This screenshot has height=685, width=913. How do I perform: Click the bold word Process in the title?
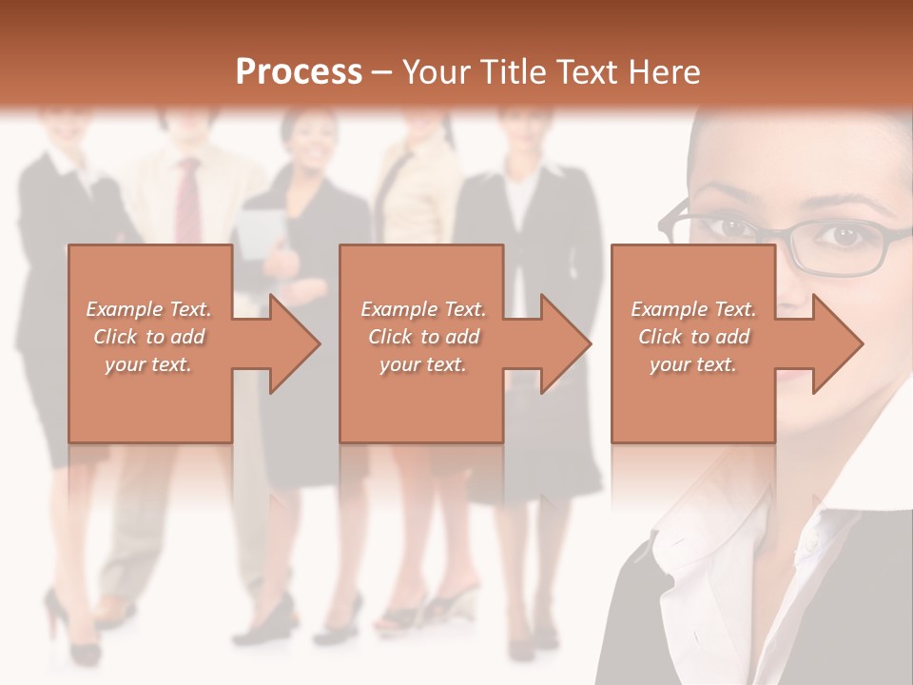[x=299, y=72]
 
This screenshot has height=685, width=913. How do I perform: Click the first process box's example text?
[x=149, y=337]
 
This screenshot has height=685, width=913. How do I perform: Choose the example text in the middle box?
[x=423, y=337]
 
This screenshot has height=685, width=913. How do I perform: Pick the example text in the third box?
[x=693, y=337]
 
